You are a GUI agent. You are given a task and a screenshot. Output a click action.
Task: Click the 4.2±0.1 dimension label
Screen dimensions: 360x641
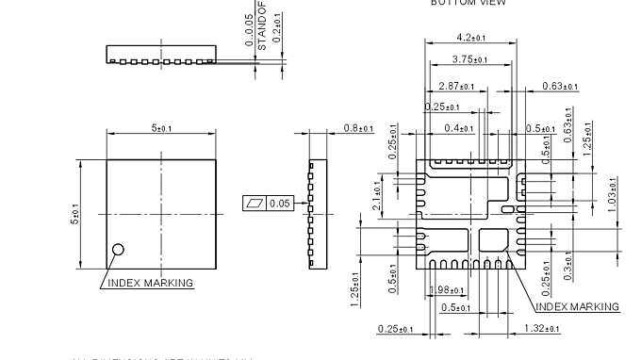pos(469,38)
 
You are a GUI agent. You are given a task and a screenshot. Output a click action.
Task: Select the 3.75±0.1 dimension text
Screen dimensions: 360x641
pos(468,59)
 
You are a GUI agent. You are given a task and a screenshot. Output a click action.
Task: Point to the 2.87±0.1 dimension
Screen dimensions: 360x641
pos(442,86)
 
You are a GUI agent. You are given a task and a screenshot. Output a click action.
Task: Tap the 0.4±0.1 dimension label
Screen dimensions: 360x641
pos(461,127)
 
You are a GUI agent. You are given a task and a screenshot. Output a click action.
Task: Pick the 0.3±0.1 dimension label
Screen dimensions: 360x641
pos(568,261)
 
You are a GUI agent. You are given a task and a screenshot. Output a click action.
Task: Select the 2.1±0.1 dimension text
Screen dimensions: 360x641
pos(376,195)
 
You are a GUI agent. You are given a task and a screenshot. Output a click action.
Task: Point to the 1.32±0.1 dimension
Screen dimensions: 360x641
pos(540,328)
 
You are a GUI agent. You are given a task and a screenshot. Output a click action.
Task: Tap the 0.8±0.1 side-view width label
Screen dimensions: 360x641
pos(357,127)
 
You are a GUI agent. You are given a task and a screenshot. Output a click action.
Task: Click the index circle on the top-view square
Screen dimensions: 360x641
pos(119,249)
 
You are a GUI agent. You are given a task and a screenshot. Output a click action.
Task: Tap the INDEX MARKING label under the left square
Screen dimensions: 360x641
pos(150,283)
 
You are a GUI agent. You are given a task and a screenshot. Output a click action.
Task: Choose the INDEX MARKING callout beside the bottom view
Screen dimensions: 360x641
pos(577,306)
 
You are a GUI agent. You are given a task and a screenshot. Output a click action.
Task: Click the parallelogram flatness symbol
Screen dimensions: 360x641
pos(255,203)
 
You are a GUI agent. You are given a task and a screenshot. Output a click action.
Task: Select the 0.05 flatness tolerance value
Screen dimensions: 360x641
pos(280,203)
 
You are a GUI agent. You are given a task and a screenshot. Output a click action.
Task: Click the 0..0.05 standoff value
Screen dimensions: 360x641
pos(249,29)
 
